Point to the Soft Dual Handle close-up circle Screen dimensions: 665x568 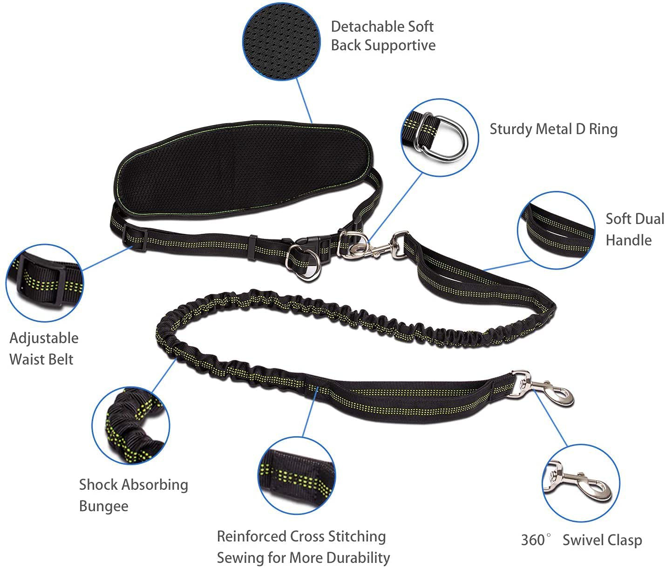[556, 230]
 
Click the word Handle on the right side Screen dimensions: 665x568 [628, 240]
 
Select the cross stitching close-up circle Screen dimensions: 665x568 [297, 475]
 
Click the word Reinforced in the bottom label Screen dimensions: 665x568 [251, 536]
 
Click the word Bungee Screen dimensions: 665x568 [103, 506]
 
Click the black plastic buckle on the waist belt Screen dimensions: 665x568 [310, 245]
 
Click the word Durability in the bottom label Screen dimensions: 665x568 [358, 557]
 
